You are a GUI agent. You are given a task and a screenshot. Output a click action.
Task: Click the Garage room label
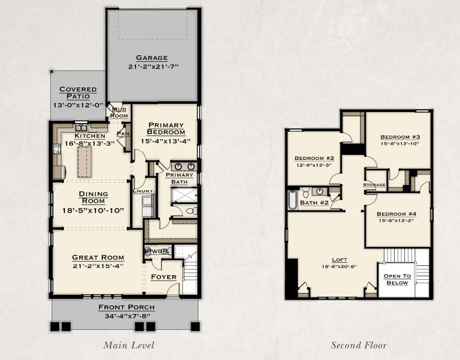tap(152, 58)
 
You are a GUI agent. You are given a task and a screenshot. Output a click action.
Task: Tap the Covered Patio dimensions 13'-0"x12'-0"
tap(79, 105)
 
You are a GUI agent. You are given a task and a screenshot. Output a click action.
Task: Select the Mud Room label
tap(119, 112)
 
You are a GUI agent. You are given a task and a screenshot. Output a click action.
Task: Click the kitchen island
tap(84, 162)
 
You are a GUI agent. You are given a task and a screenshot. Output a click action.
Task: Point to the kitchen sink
tap(81, 128)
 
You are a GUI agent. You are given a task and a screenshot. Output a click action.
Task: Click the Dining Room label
tap(94, 197)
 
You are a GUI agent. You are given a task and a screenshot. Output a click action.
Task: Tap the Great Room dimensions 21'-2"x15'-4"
tap(98, 266)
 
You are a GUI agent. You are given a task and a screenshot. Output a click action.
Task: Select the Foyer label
tap(164, 277)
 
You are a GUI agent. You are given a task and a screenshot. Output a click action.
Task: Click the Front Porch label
tap(126, 307)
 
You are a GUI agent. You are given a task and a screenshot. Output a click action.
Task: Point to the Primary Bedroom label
tap(166, 128)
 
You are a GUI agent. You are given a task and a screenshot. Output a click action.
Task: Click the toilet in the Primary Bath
tap(191, 211)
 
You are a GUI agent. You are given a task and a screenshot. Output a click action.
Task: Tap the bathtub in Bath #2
tap(292, 200)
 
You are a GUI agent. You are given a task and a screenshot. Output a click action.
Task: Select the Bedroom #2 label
tap(314, 159)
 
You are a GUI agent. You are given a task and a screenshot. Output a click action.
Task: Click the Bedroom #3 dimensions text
tap(400, 144)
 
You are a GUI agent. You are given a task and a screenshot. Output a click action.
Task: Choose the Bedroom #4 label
tap(396, 214)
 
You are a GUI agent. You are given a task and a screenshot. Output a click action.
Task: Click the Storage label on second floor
tap(374, 185)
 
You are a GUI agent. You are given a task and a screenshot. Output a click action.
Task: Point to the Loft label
tap(339, 260)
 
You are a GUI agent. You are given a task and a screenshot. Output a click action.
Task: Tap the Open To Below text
tap(397, 279)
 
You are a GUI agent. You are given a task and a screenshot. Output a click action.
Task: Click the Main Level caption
tap(128, 345)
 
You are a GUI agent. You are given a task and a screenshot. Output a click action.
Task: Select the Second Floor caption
tap(359, 345)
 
